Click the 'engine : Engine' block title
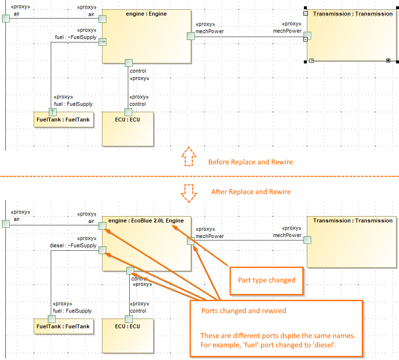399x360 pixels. point(146,14)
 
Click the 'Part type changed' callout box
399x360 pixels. point(266,280)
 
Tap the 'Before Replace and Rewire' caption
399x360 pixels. point(250,162)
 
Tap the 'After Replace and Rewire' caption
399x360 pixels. point(251,192)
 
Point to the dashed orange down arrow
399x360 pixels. point(189,193)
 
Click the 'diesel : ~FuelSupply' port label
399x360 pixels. point(73,245)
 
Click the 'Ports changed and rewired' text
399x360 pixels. point(244,311)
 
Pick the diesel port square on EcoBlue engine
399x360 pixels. point(102,250)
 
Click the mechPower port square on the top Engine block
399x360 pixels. point(191,36)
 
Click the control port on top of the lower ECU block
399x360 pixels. point(129,319)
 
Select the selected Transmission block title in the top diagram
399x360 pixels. point(353,14)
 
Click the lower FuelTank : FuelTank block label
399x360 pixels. point(64,326)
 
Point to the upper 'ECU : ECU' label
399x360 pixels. point(128,119)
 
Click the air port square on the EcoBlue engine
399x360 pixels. point(102,225)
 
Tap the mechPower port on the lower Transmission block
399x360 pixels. point(307,240)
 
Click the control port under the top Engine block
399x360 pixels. point(129,62)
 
